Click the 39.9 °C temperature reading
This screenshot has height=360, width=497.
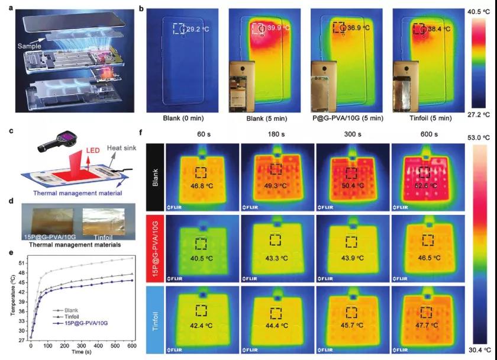(x=278, y=28)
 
